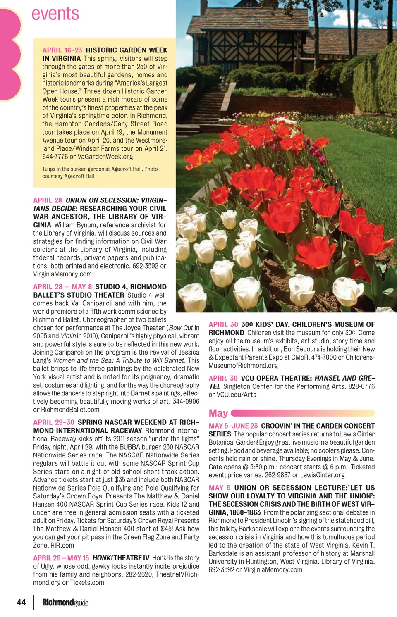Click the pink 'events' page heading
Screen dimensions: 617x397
point(55,14)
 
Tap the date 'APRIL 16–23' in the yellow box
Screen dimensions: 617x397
point(62,50)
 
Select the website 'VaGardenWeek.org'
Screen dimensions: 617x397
point(105,157)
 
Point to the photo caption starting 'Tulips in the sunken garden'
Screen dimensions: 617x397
point(100,172)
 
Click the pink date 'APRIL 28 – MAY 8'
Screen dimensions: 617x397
point(62,287)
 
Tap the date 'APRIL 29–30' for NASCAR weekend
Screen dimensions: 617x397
point(54,422)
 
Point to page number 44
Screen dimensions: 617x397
point(21,602)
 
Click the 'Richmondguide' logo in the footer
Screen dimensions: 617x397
point(65,603)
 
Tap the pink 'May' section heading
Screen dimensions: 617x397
point(218,413)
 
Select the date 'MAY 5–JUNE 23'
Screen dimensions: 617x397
point(233,426)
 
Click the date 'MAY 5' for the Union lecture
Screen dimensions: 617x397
point(220,488)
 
